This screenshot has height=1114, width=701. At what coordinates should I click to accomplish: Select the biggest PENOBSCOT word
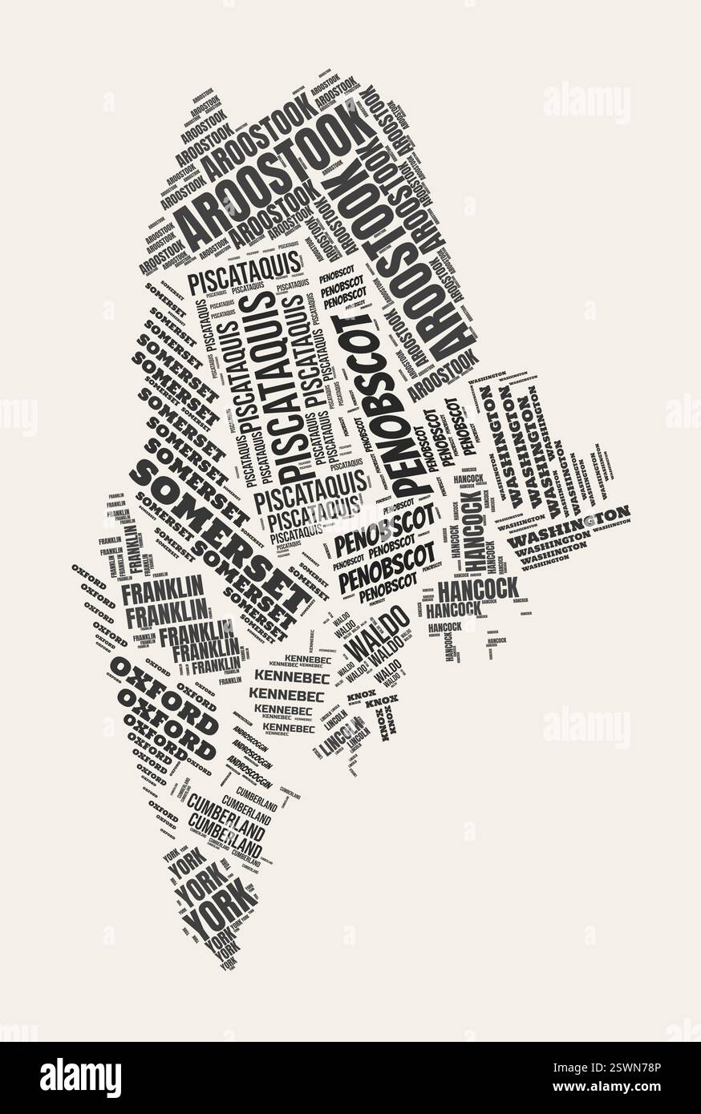(x=378, y=401)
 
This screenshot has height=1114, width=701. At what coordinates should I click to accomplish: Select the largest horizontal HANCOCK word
(x=479, y=589)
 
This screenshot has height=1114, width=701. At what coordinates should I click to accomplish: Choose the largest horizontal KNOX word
(x=382, y=702)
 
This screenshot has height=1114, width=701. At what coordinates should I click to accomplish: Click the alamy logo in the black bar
(x=80, y=1078)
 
